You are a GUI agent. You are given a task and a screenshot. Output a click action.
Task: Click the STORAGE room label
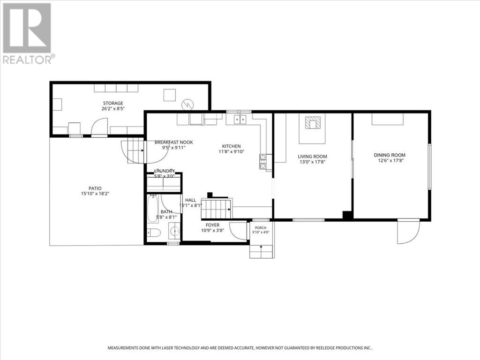coord(113,103)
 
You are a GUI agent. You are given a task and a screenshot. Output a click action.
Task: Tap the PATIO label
coord(95,188)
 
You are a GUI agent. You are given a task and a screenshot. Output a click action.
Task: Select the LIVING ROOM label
coord(312,157)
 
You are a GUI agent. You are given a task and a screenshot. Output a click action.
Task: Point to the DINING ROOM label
coord(390,155)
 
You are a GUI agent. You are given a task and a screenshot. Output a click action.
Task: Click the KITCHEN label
coord(232,146)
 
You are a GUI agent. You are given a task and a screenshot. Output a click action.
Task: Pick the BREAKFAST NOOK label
coord(173,142)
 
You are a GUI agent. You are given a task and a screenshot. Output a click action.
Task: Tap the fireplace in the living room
coord(313,123)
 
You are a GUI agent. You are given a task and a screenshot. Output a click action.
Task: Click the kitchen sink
coord(240,119)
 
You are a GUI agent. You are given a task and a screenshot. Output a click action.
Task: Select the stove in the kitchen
coord(262,161)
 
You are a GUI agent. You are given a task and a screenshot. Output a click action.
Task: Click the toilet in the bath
coord(153,233)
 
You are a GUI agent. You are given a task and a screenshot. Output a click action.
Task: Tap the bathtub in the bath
coord(152,209)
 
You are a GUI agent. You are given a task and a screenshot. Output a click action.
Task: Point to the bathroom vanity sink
coord(174,231)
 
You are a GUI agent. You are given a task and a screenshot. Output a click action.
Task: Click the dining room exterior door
coord(408,232)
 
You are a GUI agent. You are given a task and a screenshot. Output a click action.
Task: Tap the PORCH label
coord(261,228)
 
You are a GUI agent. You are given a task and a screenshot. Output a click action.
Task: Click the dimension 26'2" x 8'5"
coord(113,108)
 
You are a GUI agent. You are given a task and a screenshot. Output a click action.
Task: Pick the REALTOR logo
coord(28,33)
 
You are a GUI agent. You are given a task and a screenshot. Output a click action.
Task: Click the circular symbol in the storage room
coord(187,105)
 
